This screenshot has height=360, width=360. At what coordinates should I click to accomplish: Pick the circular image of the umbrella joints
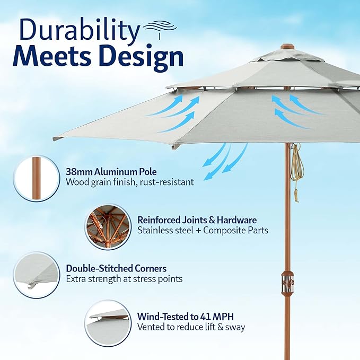(x=108, y=226)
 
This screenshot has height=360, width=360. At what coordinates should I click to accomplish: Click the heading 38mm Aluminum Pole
(x=111, y=172)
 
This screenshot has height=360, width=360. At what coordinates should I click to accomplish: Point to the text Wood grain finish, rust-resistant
(x=129, y=182)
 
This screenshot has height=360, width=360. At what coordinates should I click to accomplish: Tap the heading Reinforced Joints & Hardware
(x=197, y=219)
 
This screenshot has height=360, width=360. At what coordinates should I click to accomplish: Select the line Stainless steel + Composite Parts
(x=203, y=230)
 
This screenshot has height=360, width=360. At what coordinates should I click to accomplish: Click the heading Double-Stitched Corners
(x=116, y=268)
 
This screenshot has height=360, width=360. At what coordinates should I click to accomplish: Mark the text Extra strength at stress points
(x=124, y=278)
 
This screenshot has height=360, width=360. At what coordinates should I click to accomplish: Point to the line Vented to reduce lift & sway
(x=191, y=327)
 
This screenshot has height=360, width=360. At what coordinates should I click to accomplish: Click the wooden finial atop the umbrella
(x=287, y=47)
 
